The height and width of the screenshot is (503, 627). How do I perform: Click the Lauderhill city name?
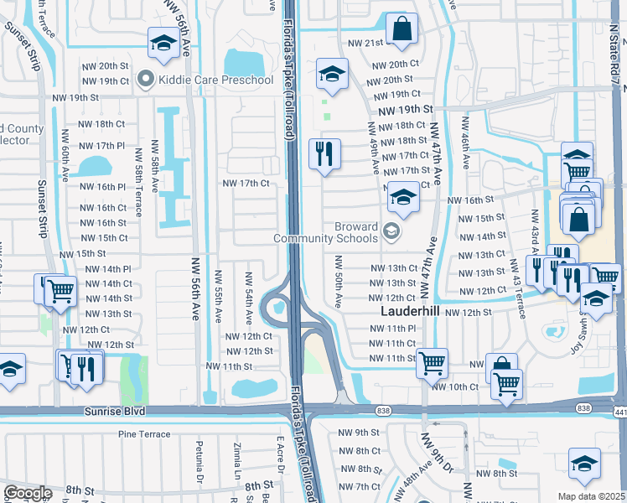(411, 309)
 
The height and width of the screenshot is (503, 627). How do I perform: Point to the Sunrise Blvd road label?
(114, 412)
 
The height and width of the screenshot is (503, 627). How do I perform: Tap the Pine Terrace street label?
(143, 434)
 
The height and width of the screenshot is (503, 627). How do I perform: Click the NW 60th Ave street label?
(65, 154)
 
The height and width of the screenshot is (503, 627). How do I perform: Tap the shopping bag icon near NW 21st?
(402, 29)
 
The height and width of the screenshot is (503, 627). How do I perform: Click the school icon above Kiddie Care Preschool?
(163, 42)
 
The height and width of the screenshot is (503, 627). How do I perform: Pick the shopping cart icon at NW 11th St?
(432, 363)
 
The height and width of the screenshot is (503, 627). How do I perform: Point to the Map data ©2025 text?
(591, 496)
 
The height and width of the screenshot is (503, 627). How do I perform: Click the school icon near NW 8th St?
(584, 464)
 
